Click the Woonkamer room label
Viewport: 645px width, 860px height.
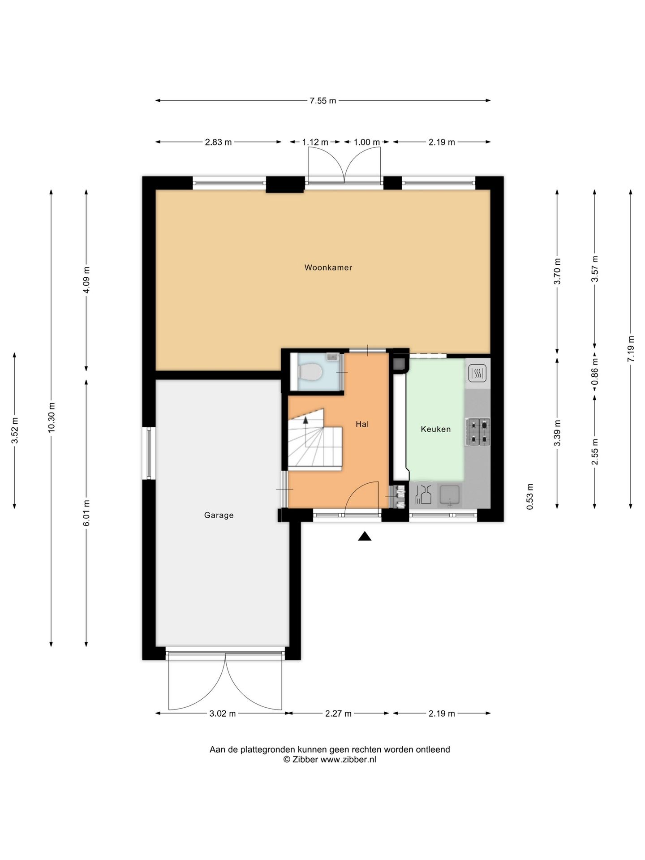pos(328,267)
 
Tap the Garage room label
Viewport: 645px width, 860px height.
pos(219,515)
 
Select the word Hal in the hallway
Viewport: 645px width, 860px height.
pos(362,424)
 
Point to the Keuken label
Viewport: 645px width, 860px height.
pos(435,429)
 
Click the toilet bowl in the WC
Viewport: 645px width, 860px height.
pos(310,372)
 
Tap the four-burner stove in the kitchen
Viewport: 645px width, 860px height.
pos(478,432)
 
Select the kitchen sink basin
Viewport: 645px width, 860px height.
pos(449,495)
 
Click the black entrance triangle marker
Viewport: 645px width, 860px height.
pos(365,536)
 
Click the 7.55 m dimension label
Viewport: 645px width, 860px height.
pos(322,101)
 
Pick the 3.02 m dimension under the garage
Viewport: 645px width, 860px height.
pos(222,714)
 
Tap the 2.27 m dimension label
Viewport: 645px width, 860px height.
pos(338,714)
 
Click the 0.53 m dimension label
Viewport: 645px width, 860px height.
pos(530,496)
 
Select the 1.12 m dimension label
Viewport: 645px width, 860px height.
pos(315,142)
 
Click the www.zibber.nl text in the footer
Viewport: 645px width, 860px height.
pos(348,760)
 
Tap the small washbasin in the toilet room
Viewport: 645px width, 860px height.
pos(332,357)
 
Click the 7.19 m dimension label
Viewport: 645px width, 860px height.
pos(631,349)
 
